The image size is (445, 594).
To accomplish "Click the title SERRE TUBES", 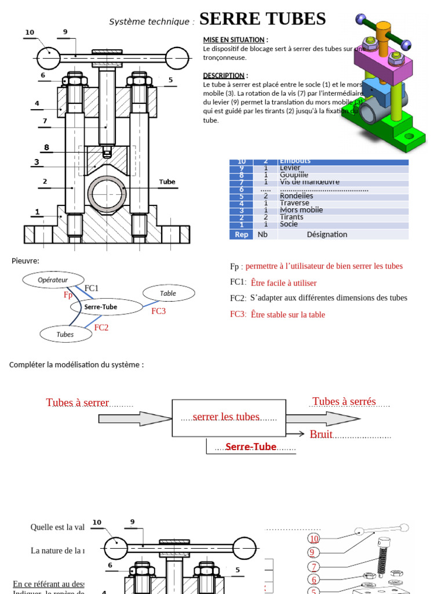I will [262, 19].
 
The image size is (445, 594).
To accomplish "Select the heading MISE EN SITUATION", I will [234, 39].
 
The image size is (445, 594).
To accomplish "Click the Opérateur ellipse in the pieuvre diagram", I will [53, 280].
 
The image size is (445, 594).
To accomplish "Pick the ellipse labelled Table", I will [168, 294].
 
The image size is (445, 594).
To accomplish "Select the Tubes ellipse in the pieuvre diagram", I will [65, 334].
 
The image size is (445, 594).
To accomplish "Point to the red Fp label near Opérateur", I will [68, 295].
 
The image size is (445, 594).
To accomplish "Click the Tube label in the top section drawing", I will [167, 182].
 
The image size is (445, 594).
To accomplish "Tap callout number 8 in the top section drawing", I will [47, 147].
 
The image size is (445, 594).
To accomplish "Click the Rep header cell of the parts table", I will [241, 234].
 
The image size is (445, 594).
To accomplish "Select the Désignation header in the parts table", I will [327, 234].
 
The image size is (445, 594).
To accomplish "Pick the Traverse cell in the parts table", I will [294, 203].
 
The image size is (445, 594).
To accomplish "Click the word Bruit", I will [321, 434].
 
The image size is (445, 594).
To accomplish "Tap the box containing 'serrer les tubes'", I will [228, 418].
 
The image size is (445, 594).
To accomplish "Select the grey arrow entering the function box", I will [134, 419].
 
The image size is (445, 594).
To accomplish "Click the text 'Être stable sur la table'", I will [288, 314].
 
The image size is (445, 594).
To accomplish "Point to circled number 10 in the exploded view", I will [314, 539].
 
